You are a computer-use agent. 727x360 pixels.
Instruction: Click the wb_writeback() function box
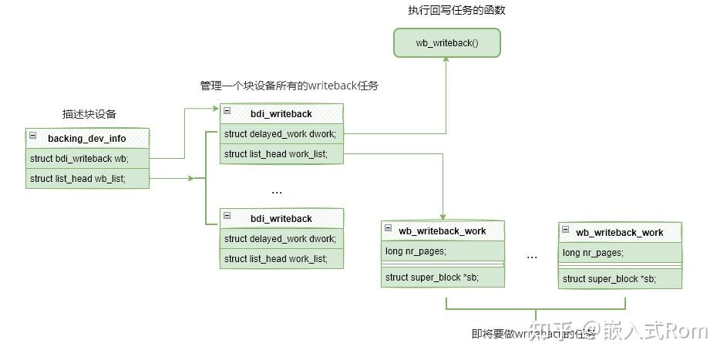[x=447, y=43]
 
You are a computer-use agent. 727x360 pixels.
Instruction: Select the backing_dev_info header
[x=87, y=139]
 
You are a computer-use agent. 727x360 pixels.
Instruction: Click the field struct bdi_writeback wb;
[x=87, y=159]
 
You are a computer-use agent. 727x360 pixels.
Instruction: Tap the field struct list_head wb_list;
[x=87, y=179]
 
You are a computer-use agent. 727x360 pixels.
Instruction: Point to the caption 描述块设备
[x=89, y=114]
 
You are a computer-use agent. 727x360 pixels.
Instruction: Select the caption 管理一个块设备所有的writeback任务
[x=289, y=86]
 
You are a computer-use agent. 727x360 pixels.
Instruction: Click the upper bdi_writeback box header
[x=281, y=114]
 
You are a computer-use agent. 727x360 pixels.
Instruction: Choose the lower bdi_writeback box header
[x=281, y=219]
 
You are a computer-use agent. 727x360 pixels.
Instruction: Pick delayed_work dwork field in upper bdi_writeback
[x=281, y=134]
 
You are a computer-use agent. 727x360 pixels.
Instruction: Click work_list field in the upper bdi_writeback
[x=281, y=154]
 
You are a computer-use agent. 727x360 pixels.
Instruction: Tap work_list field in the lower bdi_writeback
[x=281, y=259]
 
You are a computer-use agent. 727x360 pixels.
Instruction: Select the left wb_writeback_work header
[x=443, y=231]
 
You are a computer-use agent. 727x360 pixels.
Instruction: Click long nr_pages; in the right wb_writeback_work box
[x=620, y=253]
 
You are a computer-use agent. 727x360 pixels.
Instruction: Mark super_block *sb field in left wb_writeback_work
[x=443, y=278]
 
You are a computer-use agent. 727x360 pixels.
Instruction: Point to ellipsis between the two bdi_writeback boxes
[x=277, y=190]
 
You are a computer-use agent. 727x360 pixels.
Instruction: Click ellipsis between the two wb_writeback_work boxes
[x=532, y=256]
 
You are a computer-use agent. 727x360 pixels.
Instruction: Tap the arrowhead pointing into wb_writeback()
[x=447, y=62]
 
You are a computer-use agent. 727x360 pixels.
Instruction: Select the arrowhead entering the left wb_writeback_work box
[x=443, y=217]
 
